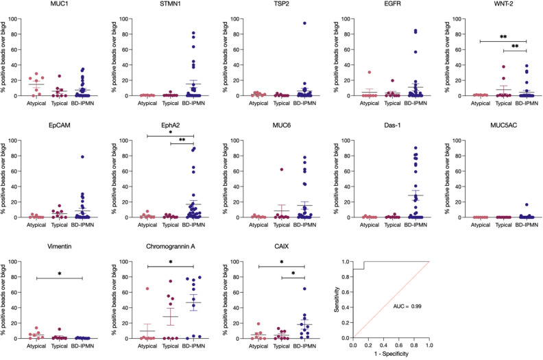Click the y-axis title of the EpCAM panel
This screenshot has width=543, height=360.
pos(5,179)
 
